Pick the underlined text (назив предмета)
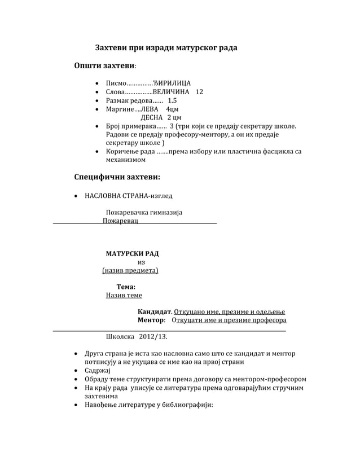click(130, 271)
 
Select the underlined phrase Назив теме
click(124, 295)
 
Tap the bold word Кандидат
click(154, 311)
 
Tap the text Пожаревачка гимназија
click(144, 213)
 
